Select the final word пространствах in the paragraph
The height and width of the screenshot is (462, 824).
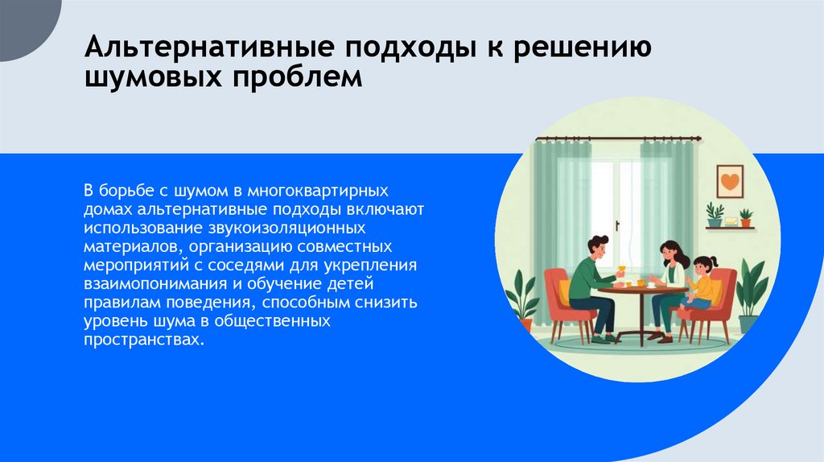tap(138, 339)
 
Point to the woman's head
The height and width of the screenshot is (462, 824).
tap(671, 254)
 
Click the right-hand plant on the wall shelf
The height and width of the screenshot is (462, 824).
tap(746, 217)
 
